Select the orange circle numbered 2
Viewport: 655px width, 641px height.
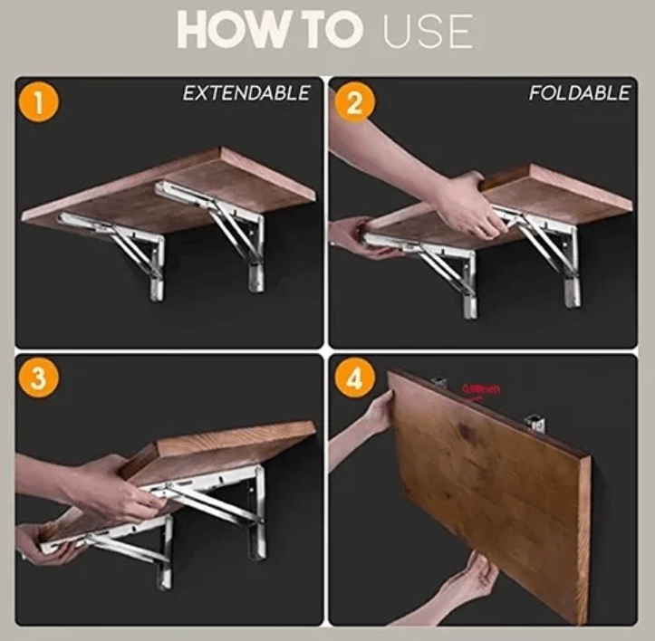click(x=353, y=102)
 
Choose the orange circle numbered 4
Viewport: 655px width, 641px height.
click(x=353, y=378)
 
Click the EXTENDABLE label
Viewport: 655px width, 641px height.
click(x=246, y=93)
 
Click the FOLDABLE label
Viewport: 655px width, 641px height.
click(x=579, y=93)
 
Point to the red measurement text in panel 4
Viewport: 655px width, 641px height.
click(x=480, y=389)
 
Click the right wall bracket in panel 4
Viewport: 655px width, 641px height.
click(x=535, y=422)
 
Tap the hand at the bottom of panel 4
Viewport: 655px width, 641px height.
click(x=462, y=584)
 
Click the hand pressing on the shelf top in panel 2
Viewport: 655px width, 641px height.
click(x=462, y=204)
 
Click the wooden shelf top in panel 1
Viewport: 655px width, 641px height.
click(x=172, y=186)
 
